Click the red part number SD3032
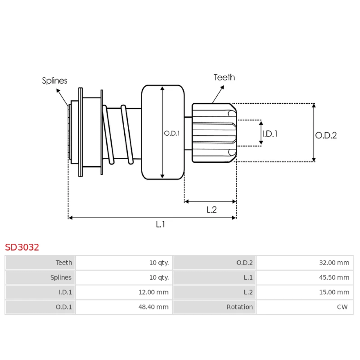pos(22,247)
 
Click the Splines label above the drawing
pos(54,81)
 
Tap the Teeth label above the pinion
pos(224,77)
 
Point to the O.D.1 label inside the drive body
pos(172,133)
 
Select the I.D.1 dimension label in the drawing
pos(270,134)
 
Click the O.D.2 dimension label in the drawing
pos(326,135)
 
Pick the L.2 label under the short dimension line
pos(211,210)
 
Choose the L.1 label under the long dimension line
pos(160,224)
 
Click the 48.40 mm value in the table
pos(153,307)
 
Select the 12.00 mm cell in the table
pos(153,292)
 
